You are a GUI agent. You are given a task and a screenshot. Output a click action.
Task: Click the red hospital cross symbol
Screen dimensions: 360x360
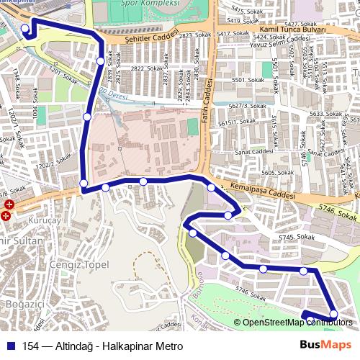pyautogui.click(x=7, y=215)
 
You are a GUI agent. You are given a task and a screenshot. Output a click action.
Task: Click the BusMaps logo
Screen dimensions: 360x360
pyautogui.click(x=325, y=346)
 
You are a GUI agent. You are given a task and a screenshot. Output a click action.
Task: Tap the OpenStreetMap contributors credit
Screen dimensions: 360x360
pyautogui.click(x=292, y=323)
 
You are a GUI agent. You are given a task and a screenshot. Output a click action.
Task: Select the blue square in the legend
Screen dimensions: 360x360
pyautogui.click(x=9, y=346)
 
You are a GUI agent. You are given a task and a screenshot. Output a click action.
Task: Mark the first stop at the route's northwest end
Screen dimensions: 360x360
pyautogui.click(x=25, y=29)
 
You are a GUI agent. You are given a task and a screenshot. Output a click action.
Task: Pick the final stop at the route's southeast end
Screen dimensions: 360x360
pyautogui.click(x=333, y=313)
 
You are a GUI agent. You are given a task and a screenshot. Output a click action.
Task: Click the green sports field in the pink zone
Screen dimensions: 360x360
pyautogui.click(x=192, y=126)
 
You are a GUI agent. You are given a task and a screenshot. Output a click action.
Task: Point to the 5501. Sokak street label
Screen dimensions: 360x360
pyautogui.click(x=244, y=81)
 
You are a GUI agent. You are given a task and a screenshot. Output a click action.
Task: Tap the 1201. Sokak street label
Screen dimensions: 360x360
pyautogui.click(x=60, y=74)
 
